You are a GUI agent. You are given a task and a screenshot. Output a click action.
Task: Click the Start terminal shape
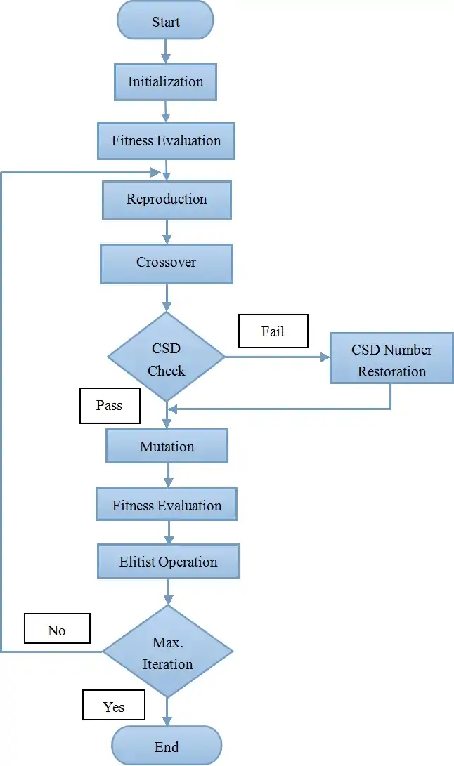click(165, 21)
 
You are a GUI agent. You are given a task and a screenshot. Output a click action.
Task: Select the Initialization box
click(165, 81)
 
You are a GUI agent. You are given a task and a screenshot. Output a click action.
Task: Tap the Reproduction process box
click(167, 199)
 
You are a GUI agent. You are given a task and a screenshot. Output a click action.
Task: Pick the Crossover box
click(167, 263)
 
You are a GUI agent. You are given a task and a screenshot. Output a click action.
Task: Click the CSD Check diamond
click(167, 357)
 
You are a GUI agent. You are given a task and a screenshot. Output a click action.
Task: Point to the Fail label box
click(273, 331)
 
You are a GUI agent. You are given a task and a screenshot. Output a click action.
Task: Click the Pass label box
click(109, 406)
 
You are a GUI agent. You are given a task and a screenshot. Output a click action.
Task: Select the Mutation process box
click(167, 447)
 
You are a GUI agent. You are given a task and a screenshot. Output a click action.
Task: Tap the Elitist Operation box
click(168, 562)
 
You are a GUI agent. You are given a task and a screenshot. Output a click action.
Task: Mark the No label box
click(57, 630)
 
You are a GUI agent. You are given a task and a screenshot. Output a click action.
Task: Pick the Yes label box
click(114, 706)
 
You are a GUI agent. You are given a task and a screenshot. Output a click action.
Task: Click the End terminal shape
click(167, 746)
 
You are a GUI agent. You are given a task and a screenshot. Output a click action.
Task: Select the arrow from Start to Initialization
click(166, 51)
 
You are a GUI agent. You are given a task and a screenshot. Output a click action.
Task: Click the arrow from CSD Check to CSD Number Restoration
click(277, 357)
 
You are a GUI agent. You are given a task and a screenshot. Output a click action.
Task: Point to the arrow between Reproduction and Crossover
click(167, 231)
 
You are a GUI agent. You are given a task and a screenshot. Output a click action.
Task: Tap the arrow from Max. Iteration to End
click(167, 711)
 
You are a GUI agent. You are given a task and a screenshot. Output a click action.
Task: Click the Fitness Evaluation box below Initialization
click(166, 140)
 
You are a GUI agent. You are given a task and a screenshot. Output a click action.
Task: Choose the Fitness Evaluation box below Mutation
click(167, 506)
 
